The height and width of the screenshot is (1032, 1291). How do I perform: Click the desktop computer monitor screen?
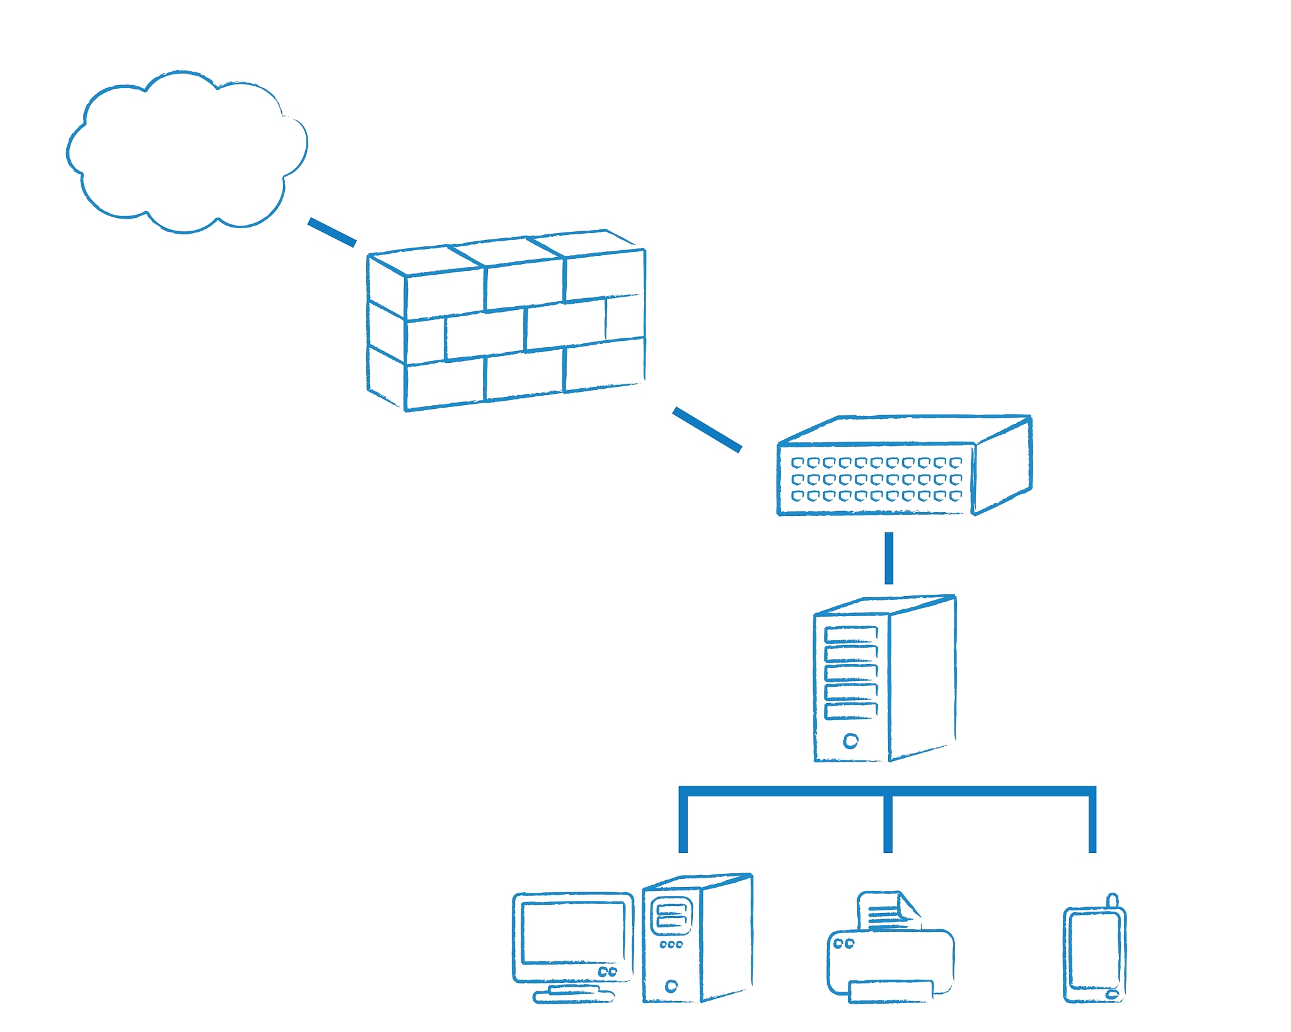572,932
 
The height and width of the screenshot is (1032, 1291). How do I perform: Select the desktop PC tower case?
697,939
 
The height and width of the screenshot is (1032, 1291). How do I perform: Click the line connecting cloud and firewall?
332,232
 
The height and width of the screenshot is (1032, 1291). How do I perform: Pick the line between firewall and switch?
707,430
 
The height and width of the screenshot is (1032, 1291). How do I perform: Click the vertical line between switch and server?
889,558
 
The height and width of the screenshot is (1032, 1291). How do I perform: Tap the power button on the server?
850,741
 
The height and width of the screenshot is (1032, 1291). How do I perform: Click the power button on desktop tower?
671,986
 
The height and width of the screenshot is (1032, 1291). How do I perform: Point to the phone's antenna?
1112,900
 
